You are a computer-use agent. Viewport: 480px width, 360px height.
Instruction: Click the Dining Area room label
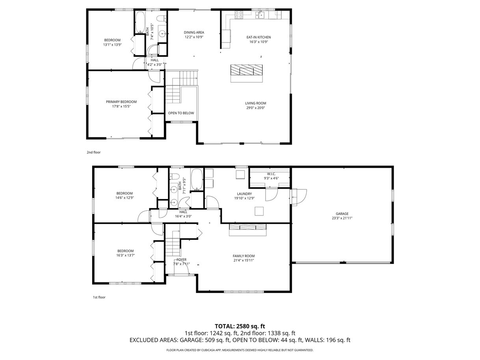[194, 33]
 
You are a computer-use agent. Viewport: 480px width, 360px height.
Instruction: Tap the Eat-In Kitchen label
[259, 37]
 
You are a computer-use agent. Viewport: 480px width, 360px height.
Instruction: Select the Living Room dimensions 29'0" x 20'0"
[255, 108]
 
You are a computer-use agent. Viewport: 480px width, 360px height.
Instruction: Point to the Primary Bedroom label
[121, 102]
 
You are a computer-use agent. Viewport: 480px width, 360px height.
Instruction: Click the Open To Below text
[181, 113]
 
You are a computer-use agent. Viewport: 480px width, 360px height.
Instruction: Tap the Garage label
[342, 213]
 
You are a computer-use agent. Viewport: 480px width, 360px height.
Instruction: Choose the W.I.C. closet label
[271, 174]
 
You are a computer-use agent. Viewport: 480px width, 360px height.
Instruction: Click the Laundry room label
[244, 194]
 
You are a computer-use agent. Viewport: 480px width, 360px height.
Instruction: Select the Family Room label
[244, 256]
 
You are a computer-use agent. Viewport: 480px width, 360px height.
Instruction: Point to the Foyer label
[181, 260]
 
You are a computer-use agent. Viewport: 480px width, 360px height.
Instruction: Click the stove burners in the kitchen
[238, 15]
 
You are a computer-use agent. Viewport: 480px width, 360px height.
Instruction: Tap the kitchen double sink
[260, 15]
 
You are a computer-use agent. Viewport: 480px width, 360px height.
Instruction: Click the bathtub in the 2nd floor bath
[140, 22]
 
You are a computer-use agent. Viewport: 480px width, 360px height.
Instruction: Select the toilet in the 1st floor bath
[175, 176]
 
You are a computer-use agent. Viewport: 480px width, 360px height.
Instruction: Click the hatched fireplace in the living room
[246, 70]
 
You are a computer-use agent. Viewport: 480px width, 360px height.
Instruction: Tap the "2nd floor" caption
[93, 152]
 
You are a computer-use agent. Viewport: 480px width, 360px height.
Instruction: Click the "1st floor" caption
[99, 297]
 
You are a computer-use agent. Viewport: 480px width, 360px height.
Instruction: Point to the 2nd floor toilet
[162, 19]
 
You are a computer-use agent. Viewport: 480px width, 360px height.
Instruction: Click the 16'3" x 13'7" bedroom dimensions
[126, 255]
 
